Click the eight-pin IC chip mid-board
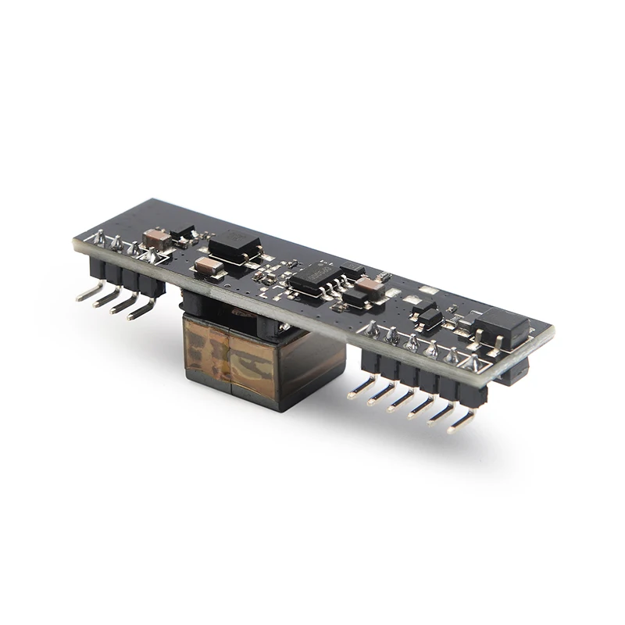point(316,278)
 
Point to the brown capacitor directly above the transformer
point(209,267)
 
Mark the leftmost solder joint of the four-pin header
point(99,239)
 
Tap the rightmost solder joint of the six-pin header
point(473,362)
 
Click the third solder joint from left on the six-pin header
point(411,342)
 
